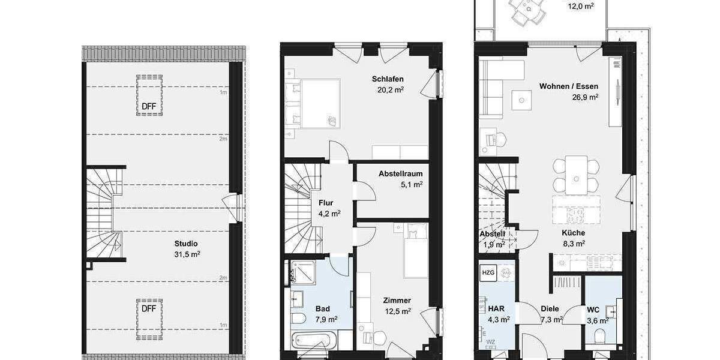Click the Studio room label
(186, 244)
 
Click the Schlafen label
(387, 79)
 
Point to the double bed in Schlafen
(313, 103)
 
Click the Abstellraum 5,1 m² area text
(412, 184)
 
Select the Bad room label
(322, 308)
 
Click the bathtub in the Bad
(310, 344)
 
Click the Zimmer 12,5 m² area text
(398, 311)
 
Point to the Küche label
(573, 233)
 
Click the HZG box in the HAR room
(488, 273)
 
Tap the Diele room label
(550, 309)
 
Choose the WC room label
(593, 310)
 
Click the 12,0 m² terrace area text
(581, 6)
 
